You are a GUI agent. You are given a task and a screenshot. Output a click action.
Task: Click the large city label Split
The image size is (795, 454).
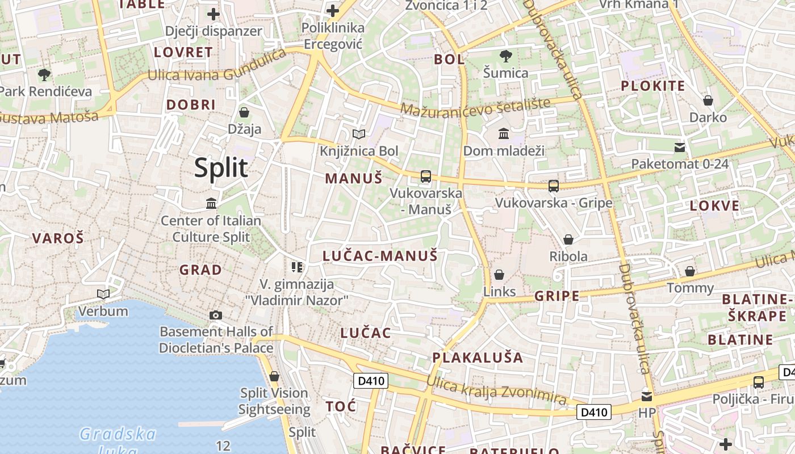[x=221, y=168]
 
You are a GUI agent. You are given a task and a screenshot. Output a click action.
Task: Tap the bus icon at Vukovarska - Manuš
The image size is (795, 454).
[x=426, y=176]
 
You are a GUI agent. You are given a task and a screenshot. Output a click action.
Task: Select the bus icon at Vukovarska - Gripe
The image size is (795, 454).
[x=553, y=186]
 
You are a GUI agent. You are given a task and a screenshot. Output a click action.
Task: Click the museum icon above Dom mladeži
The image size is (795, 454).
[x=503, y=134]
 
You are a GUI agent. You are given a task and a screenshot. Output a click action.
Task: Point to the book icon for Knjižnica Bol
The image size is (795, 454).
[x=359, y=134]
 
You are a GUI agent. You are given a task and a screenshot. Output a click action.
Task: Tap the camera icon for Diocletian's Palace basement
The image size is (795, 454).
[x=216, y=315]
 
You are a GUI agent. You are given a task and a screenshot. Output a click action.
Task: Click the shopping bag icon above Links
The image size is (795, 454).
[x=499, y=275]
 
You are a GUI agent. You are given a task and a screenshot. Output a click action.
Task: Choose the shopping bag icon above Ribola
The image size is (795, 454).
[x=568, y=239]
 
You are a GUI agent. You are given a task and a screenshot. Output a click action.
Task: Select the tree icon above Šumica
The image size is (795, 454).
[x=505, y=56]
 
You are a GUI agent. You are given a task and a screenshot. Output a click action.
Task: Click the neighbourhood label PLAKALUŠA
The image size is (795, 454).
[x=478, y=358]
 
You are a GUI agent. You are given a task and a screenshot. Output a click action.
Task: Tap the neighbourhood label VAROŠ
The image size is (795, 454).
[x=58, y=238]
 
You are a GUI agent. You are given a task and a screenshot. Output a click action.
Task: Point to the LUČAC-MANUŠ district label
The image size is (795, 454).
[x=380, y=256]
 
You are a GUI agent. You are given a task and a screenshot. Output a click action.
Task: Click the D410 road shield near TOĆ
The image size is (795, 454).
[x=370, y=381]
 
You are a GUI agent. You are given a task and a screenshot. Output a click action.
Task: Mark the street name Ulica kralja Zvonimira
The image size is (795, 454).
[x=497, y=392]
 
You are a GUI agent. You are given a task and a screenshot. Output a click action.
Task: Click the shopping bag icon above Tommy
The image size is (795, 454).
[x=690, y=271]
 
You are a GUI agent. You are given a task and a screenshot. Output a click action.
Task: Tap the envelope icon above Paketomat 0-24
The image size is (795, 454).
[x=679, y=148]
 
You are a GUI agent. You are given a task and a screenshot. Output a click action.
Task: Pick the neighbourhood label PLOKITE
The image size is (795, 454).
[x=652, y=86]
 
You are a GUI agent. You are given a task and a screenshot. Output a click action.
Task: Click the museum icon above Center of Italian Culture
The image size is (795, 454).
[x=211, y=203]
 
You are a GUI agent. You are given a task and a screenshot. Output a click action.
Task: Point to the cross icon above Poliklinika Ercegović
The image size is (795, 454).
[x=332, y=11]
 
